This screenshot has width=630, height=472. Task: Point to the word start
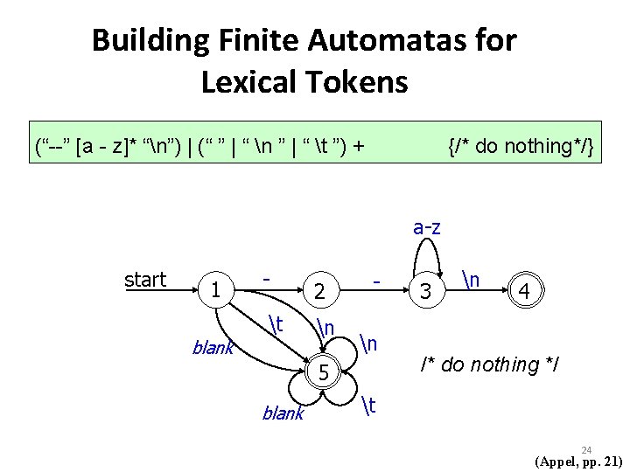click(x=145, y=280)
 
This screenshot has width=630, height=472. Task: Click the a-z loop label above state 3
click(x=426, y=228)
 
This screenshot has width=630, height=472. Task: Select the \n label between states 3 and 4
click(x=472, y=280)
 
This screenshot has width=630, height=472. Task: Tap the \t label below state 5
click(x=368, y=404)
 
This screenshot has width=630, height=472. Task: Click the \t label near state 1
click(x=278, y=323)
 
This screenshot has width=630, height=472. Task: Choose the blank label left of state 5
click(x=282, y=413)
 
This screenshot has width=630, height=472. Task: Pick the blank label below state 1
click(x=213, y=349)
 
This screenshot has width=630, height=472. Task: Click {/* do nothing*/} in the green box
click(x=521, y=146)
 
